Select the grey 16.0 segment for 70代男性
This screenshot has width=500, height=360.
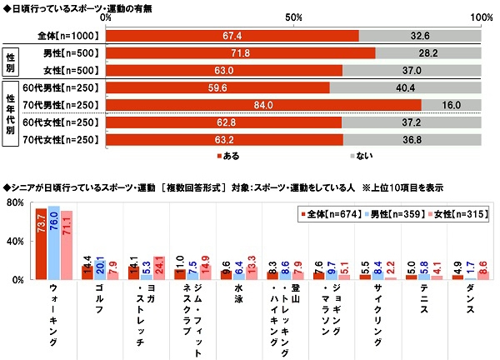click(451, 106)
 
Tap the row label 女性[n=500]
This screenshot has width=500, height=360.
click(70, 71)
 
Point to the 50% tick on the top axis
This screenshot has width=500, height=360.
click(293, 17)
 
